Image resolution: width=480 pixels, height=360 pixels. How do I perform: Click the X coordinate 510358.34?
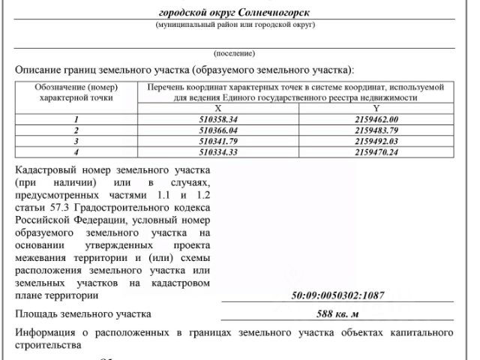coord(218,119)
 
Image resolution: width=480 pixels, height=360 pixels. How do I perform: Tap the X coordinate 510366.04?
coord(218,130)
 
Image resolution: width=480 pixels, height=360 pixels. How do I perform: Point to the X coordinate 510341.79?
coord(218,140)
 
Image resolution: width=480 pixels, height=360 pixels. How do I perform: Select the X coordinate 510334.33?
coord(218,151)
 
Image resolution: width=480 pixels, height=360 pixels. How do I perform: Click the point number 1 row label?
coord(75,119)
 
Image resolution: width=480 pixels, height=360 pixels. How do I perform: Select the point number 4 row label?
coord(75,151)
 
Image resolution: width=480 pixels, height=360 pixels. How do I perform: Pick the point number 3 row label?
coord(75,140)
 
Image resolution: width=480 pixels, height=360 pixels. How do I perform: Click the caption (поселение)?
coord(235,54)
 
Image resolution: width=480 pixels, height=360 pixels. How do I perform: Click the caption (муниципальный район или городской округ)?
coord(235,25)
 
